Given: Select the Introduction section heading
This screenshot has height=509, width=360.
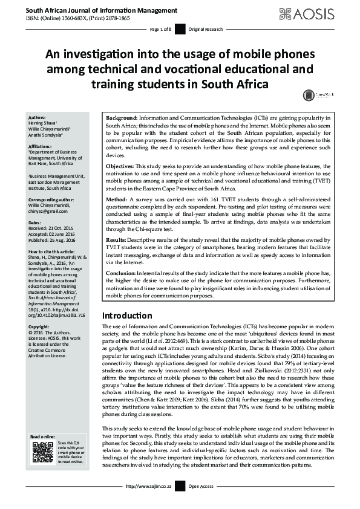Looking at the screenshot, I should (x=127, y=316).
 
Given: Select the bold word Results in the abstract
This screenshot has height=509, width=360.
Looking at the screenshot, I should (x=116, y=240).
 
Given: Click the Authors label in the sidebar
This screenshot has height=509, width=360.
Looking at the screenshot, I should (x=38, y=118).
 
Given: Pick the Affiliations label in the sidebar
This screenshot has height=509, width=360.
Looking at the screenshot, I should (x=41, y=147).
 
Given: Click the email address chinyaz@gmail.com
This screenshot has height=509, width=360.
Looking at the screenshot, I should (x=51, y=210).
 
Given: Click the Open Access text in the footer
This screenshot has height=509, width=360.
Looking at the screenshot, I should (x=202, y=503).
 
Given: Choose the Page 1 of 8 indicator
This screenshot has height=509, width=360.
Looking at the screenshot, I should (x=160, y=29).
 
